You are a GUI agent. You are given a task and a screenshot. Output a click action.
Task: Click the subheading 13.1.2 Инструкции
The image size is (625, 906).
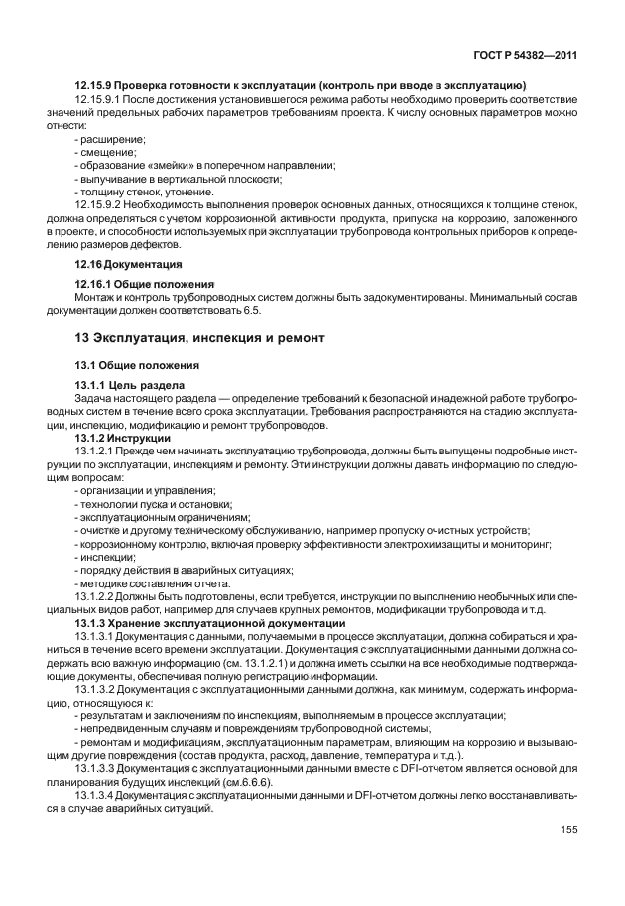[x=123, y=437]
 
